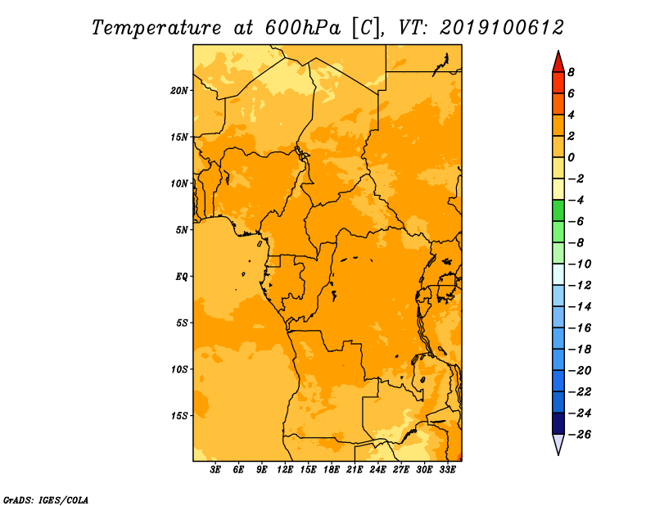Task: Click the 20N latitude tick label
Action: pyautogui.click(x=179, y=91)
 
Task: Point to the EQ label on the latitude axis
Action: pyautogui.click(x=182, y=277)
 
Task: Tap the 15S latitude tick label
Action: pyautogui.click(x=179, y=416)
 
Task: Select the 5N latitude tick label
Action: pyautogui.click(x=182, y=230)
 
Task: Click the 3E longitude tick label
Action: pyautogui.click(x=215, y=470)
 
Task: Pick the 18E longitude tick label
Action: pyautogui.click(x=332, y=470)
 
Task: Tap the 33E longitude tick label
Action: pyautogui.click(x=447, y=470)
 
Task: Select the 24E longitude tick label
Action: pyautogui.click(x=377, y=470)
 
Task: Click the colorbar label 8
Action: pyautogui.click(x=571, y=72)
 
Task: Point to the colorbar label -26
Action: pyautogui.click(x=580, y=435)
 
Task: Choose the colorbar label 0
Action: pyautogui.click(x=571, y=157)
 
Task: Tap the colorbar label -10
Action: pyautogui.click(x=580, y=264)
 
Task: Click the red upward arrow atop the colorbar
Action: pyautogui.click(x=558, y=63)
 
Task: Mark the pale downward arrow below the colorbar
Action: pyautogui.click(x=558, y=444)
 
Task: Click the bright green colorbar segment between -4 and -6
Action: pyautogui.click(x=558, y=210)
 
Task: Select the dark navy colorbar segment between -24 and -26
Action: pyautogui.click(x=558, y=423)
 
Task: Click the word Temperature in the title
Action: pyautogui.click(x=156, y=28)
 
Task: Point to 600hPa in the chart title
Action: pyautogui.click(x=302, y=28)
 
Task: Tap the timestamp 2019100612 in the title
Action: pyautogui.click(x=502, y=28)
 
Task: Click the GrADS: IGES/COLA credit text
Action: pyautogui.click(x=46, y=500)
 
